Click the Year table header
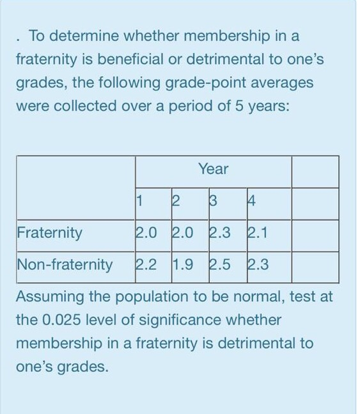click(213, 169)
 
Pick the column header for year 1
click(139, 203)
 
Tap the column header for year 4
click(251, 203)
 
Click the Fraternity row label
click(49, 232)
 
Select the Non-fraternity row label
click(65, 264)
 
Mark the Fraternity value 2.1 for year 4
click(257, 232)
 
